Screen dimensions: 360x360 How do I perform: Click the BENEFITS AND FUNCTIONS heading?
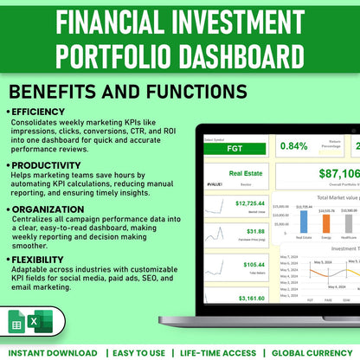coord(126,91)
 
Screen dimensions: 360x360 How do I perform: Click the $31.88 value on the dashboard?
coord(255,232)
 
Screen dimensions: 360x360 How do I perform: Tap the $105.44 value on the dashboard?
coord(254,265)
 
